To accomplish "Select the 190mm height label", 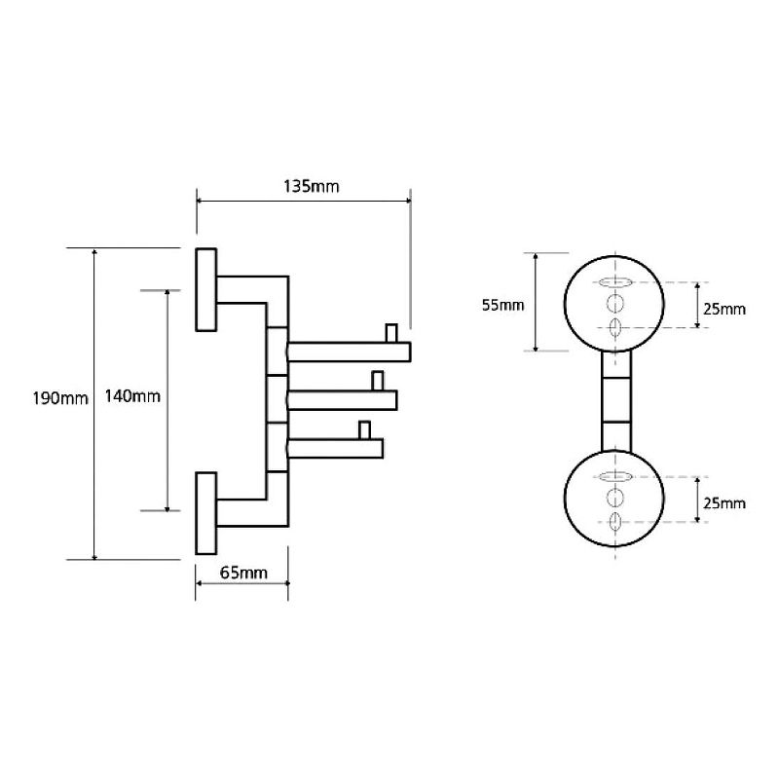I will pyautogui.click(x=60, y=398).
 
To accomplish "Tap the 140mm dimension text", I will pyautogui.click(x=134, y=397).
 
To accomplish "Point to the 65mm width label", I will pyautogui.click(x=242, y=573).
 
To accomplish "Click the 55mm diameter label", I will pyautogui.click(x=502, y=305).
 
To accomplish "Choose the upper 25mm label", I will pyautogui.click(x=724, y=309).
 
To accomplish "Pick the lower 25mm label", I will pyautogui.click(x=724, y=502).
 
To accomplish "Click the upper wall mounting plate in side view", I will pyautogui.click(x=206, y=289).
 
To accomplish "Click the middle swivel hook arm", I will pyautogui.click(x=341, y=398).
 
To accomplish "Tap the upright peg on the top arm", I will pyautogui.click(x=391, y=332).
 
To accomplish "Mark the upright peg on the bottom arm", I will pyautogui.click(x=364, y=429).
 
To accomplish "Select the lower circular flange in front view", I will pyautogui.click(x=614, y=499).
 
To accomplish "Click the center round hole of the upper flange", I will pyautogui.click(x=614, y=304).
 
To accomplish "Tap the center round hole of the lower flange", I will pyautogui.click(x=614, y=499).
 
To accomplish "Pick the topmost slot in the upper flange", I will pyautogui.click(x=614, y=283).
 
